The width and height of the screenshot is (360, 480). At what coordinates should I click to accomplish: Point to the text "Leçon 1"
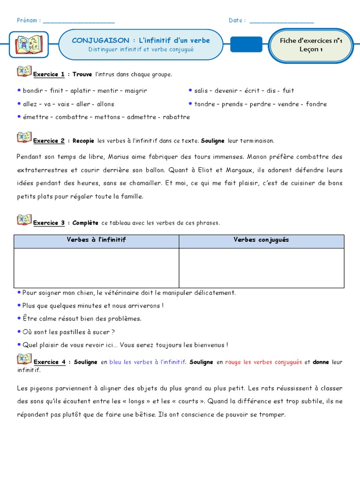click(x=311, y=49)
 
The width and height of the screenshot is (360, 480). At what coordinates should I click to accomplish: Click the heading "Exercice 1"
click(x=49, y=75)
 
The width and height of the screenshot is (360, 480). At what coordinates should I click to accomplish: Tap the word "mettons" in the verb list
click(x=108, y=117)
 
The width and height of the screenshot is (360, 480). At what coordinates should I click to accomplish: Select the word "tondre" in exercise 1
click(x=204, y=104)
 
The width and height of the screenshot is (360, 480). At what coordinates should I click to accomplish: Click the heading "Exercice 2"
click(x=49, y=141)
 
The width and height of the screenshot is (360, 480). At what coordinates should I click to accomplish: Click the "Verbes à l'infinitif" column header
click(x=96, y=240)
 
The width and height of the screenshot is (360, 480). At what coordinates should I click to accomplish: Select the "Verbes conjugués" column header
click(x=261, y=240)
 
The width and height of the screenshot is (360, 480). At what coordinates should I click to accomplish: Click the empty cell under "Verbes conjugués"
click(x=261, y=268)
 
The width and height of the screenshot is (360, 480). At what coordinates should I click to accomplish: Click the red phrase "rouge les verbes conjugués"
click(x=263, y=362)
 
